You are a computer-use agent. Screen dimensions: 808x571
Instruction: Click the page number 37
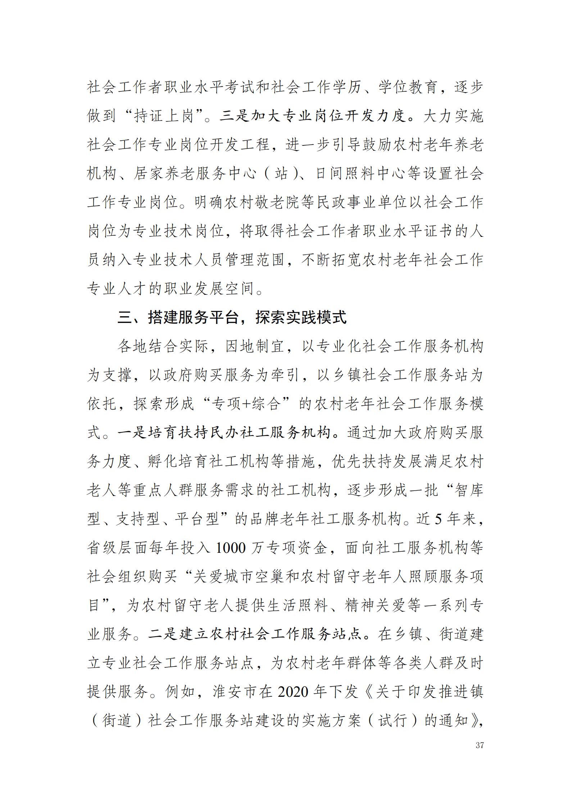[480, 745]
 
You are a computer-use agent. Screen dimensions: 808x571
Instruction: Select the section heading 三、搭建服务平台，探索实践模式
[232, 317]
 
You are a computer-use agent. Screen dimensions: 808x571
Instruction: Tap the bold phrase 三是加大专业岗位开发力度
[312, 116]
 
